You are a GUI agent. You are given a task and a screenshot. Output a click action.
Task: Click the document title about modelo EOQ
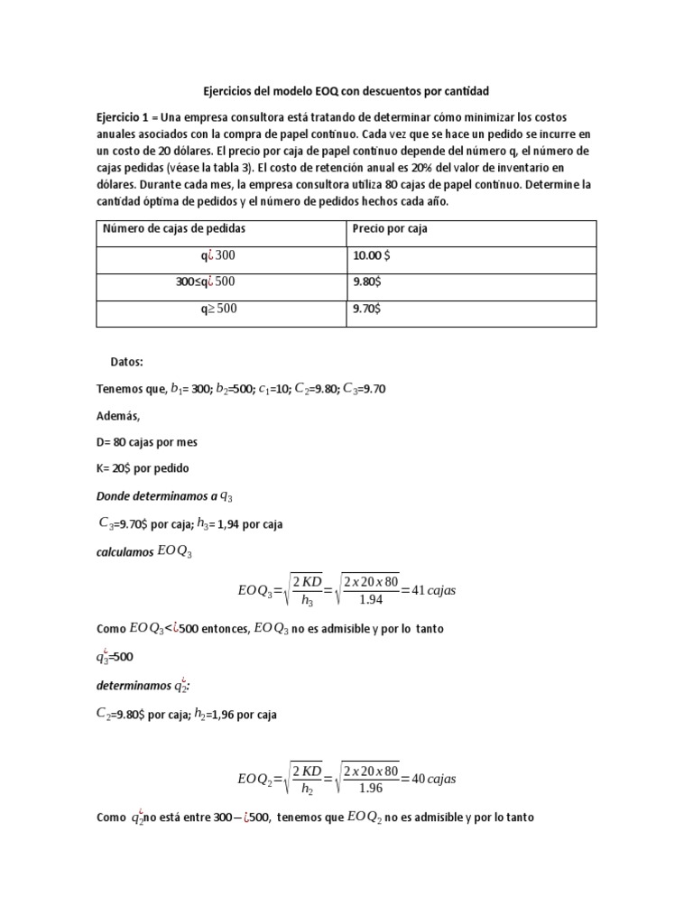click(346, 91)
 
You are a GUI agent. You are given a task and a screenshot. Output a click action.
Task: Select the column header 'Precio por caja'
click(390, 229)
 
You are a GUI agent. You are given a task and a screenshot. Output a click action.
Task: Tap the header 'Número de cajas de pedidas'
click(174, 229)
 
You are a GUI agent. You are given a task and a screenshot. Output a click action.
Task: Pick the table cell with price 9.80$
click(366, 282)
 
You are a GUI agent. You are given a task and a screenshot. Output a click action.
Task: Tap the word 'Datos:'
click(127, 361)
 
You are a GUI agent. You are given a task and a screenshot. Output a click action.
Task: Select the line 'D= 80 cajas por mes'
click(146, 443)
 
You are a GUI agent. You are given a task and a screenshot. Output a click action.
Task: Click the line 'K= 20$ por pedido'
click(143, 468)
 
